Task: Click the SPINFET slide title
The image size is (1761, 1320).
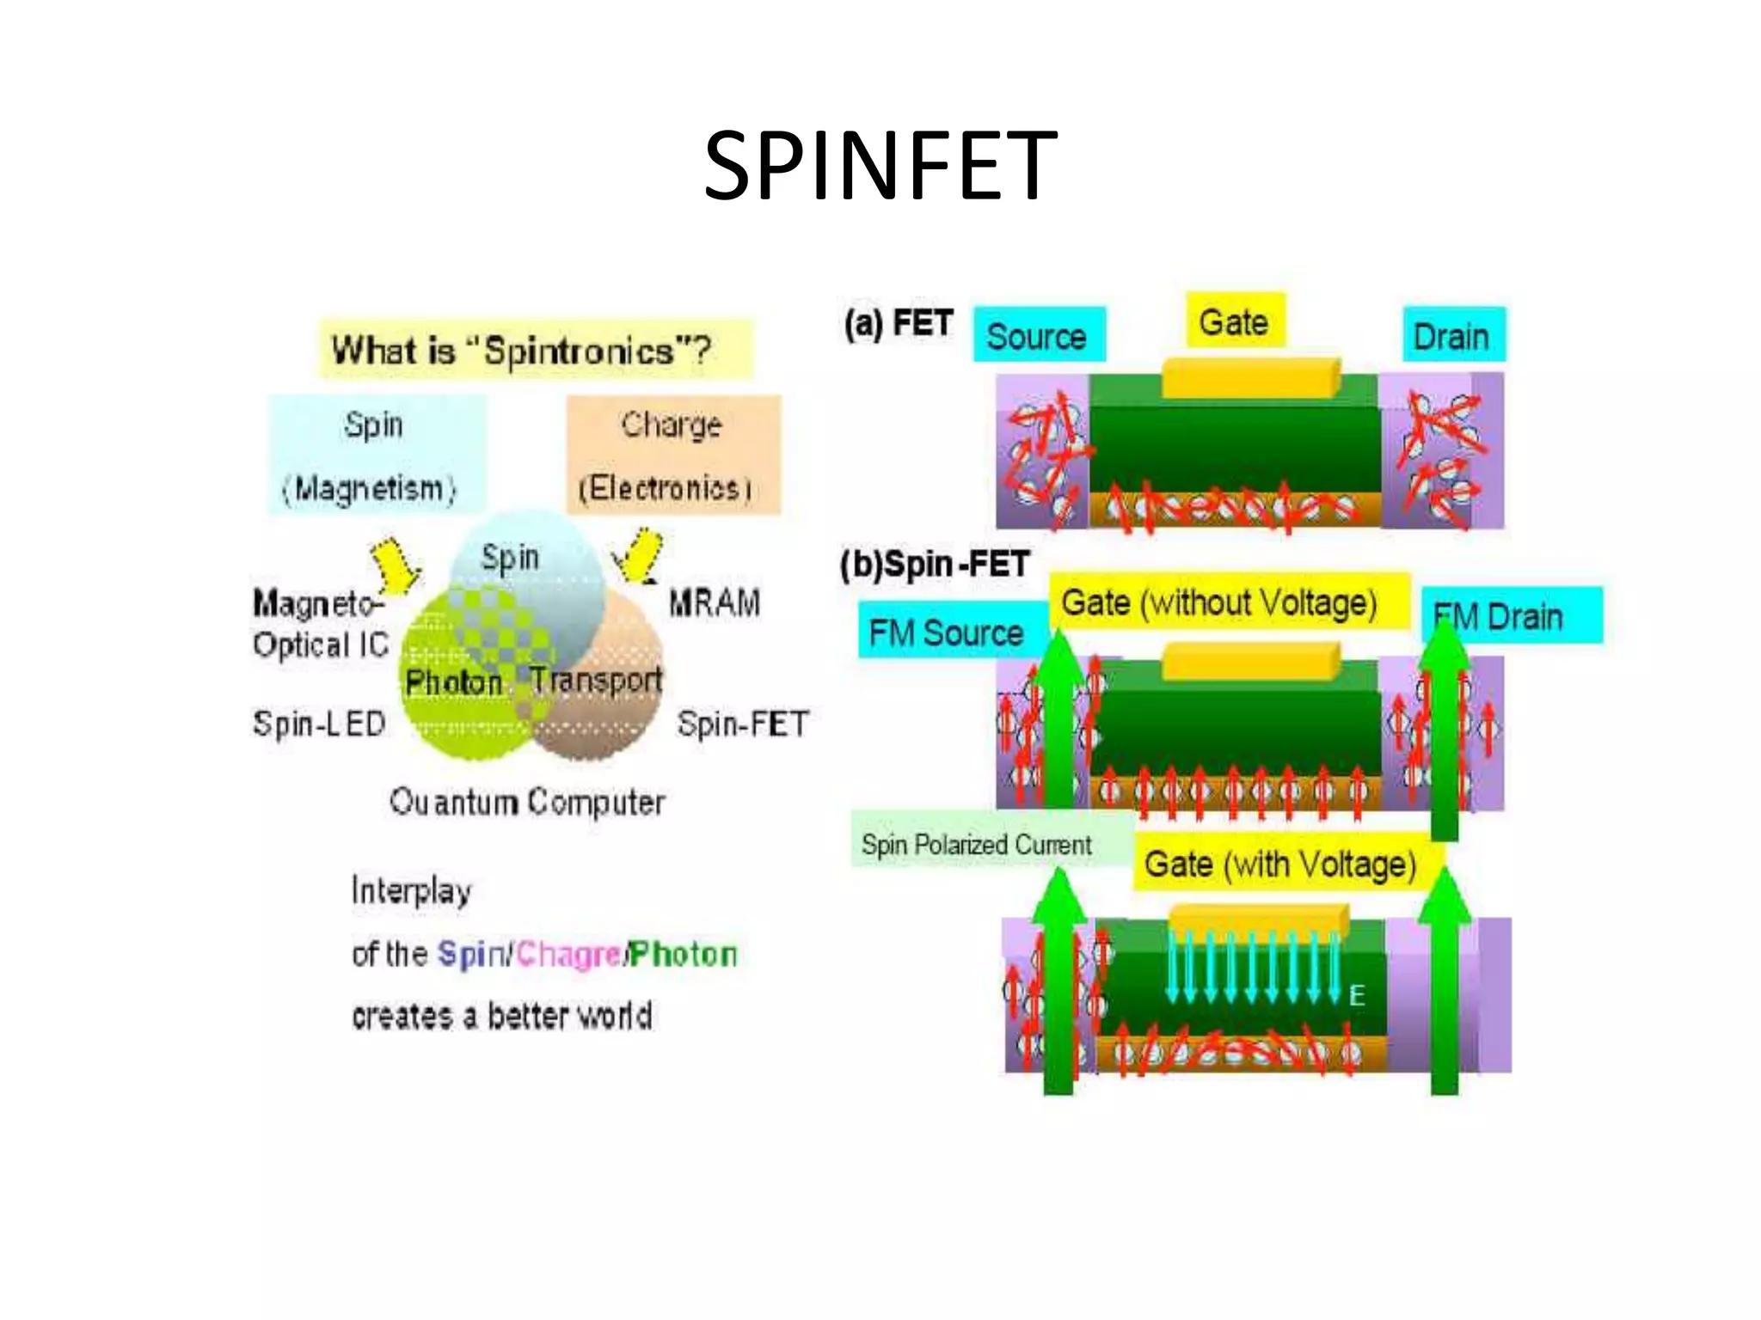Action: click(880, 165)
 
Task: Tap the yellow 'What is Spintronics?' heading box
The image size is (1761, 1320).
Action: click(535, 350)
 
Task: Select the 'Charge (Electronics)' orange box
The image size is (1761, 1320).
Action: click(672, 455)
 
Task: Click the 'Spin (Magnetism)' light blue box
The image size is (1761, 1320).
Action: click(376, 455)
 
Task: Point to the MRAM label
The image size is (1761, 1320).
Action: click(715, 602)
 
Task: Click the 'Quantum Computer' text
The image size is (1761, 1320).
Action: click(527, 802)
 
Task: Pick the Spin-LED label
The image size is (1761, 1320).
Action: click(319, 724)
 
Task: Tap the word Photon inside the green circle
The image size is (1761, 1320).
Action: click(453, 682)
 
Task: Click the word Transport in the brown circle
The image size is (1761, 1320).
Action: click(595, 679)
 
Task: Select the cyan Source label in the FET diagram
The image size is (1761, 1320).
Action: click(1038, 335)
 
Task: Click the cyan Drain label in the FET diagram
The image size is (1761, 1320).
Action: click(1452, 335)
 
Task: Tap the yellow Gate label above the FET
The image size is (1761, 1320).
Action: click(1234, 321)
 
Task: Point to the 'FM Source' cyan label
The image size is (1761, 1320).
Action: click(946, 633)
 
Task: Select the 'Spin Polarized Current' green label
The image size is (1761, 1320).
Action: click(977, 844)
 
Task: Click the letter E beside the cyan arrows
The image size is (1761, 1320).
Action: click(1357, 995)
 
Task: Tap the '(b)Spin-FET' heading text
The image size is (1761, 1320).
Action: click(936, 564)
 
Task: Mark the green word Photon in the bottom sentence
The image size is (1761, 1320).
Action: click(684, 954)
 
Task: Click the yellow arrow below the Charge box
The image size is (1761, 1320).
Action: click(639, 556)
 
